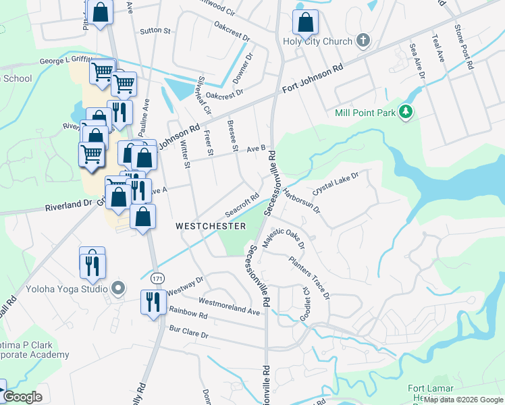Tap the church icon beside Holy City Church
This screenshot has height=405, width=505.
tap(363, 40)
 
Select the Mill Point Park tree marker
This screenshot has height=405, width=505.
tap(406, 112)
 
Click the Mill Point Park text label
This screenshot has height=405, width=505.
tap(365, 113)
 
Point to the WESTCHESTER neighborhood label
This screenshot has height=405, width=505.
tap(211, 226)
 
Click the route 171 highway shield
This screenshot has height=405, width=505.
tap(157, 278)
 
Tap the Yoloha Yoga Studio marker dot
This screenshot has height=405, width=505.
tap(118, 289)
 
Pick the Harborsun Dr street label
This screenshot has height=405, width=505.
tap(301, 200)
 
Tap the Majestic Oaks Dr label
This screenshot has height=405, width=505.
tap(284, 238)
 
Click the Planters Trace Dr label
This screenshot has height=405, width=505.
tap(309, 277)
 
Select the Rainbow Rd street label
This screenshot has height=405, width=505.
tap(188, 314)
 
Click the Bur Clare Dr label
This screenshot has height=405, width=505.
tap(190, 334)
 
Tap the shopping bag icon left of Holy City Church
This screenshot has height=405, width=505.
tap(305, 22)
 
